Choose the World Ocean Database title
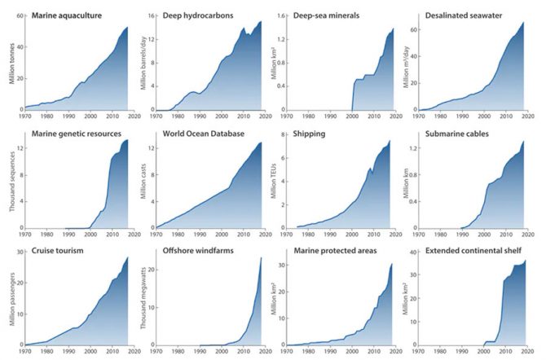point(204,134)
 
